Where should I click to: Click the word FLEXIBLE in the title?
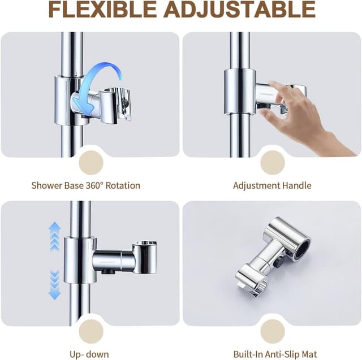pyautogui.click(x=102, y=10)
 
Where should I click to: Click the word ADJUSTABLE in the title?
pyautogui.click(x=240, y=10)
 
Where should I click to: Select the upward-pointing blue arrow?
pyautogui.click(x=55, y=236)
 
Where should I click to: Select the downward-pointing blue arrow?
pyautogui.click(x=55, y=285)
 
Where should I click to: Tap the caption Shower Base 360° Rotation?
pyautogui.click(x=85, y=185)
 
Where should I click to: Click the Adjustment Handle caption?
pyautogui.click(x=272, y=185)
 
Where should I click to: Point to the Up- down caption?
pyautogui.click(x=89, y=354)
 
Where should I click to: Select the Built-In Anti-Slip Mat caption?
pyautogui.click(x=275, y=354)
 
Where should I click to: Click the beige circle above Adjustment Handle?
pyautogui.click(x=273, y=163)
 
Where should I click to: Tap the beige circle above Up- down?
pyautogui.click(x=91, y=331)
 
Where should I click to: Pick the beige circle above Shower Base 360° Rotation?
pyautogui.click(x=91, y=163)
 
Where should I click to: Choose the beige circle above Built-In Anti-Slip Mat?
pyautogui.click(x=273, y=331)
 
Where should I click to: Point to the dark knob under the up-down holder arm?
pyautogui.click(x=108, y=271)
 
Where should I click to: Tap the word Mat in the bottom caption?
pyautogui.click(x=309, y=354)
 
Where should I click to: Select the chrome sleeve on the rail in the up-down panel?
pyautogui.click(x=80, y=260)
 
